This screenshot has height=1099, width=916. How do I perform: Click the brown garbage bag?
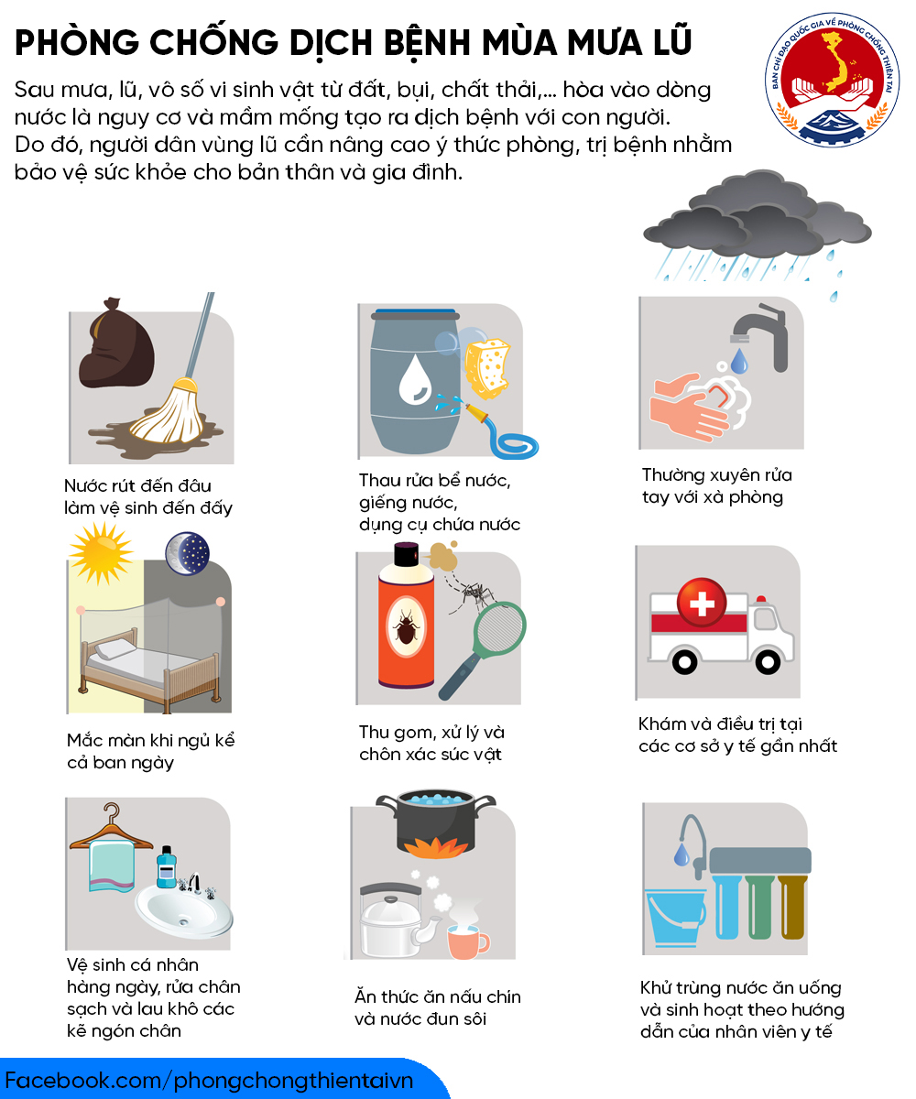[x=117, y=343]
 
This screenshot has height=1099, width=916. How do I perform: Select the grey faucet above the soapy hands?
[x=762, y=336]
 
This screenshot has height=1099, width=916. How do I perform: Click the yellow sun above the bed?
[x=101, y=553]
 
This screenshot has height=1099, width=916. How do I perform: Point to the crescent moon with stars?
[x=188, y=553]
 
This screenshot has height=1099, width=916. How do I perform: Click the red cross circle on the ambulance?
[x=702, y=602]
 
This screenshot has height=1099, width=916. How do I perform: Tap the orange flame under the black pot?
[x=435, y=847]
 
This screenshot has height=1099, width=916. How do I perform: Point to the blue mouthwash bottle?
[x=167, y=867]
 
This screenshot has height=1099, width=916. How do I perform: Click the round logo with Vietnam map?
[x=832, y=80]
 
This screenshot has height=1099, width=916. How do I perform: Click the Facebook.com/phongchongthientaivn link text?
[x=209, y=1080]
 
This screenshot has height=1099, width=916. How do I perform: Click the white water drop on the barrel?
[x=415, y=379]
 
